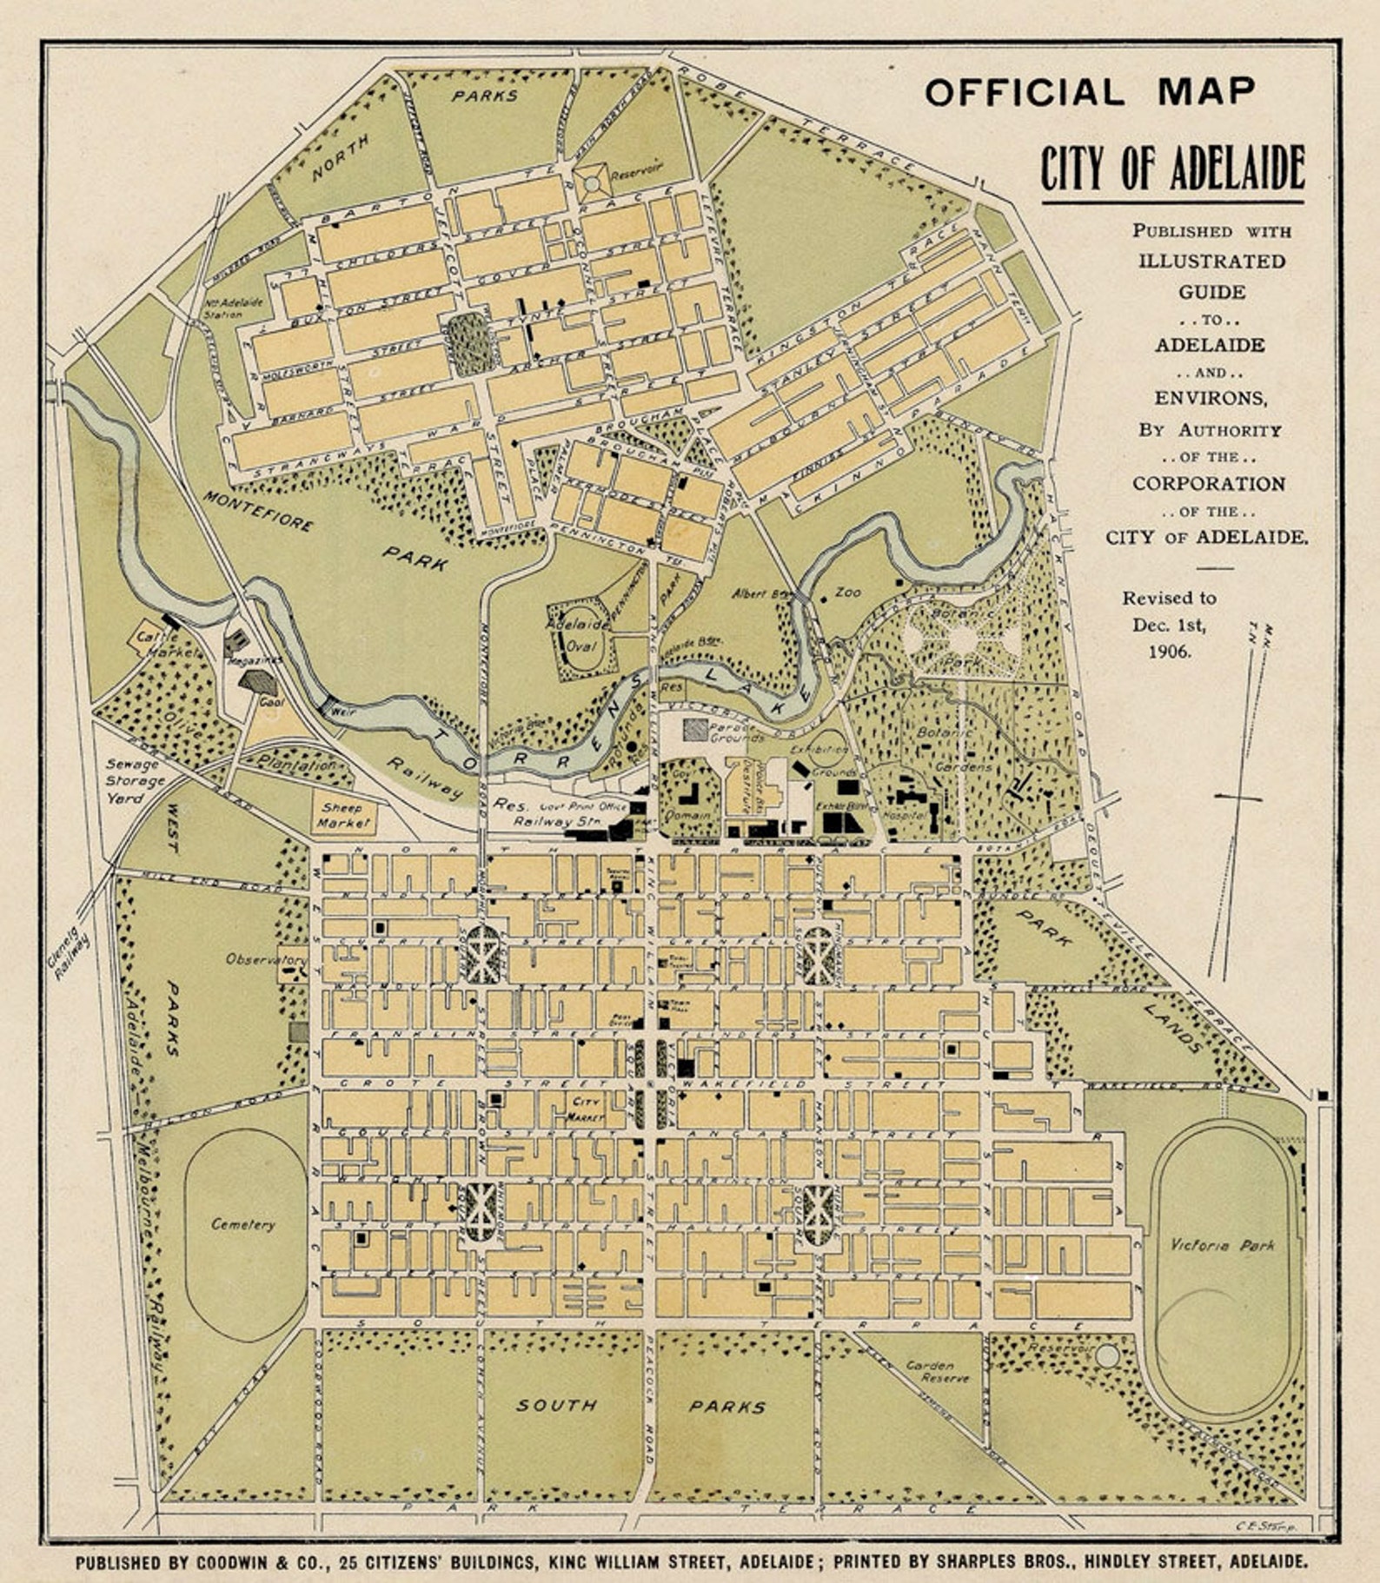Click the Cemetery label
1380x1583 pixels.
pos(242,1224)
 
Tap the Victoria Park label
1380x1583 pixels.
pos(1223,1245)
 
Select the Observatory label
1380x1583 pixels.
pos(266,959)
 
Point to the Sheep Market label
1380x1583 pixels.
pos(342,815)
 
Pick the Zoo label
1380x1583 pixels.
pos(847,592)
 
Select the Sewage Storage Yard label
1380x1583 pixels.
pos(136,780)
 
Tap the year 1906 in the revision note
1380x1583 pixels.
pos(1168,651)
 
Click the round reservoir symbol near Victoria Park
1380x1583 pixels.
pos(1106,1354)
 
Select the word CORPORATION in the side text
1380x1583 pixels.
pos(1208,484)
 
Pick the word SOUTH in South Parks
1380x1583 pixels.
pos(556,1405)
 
